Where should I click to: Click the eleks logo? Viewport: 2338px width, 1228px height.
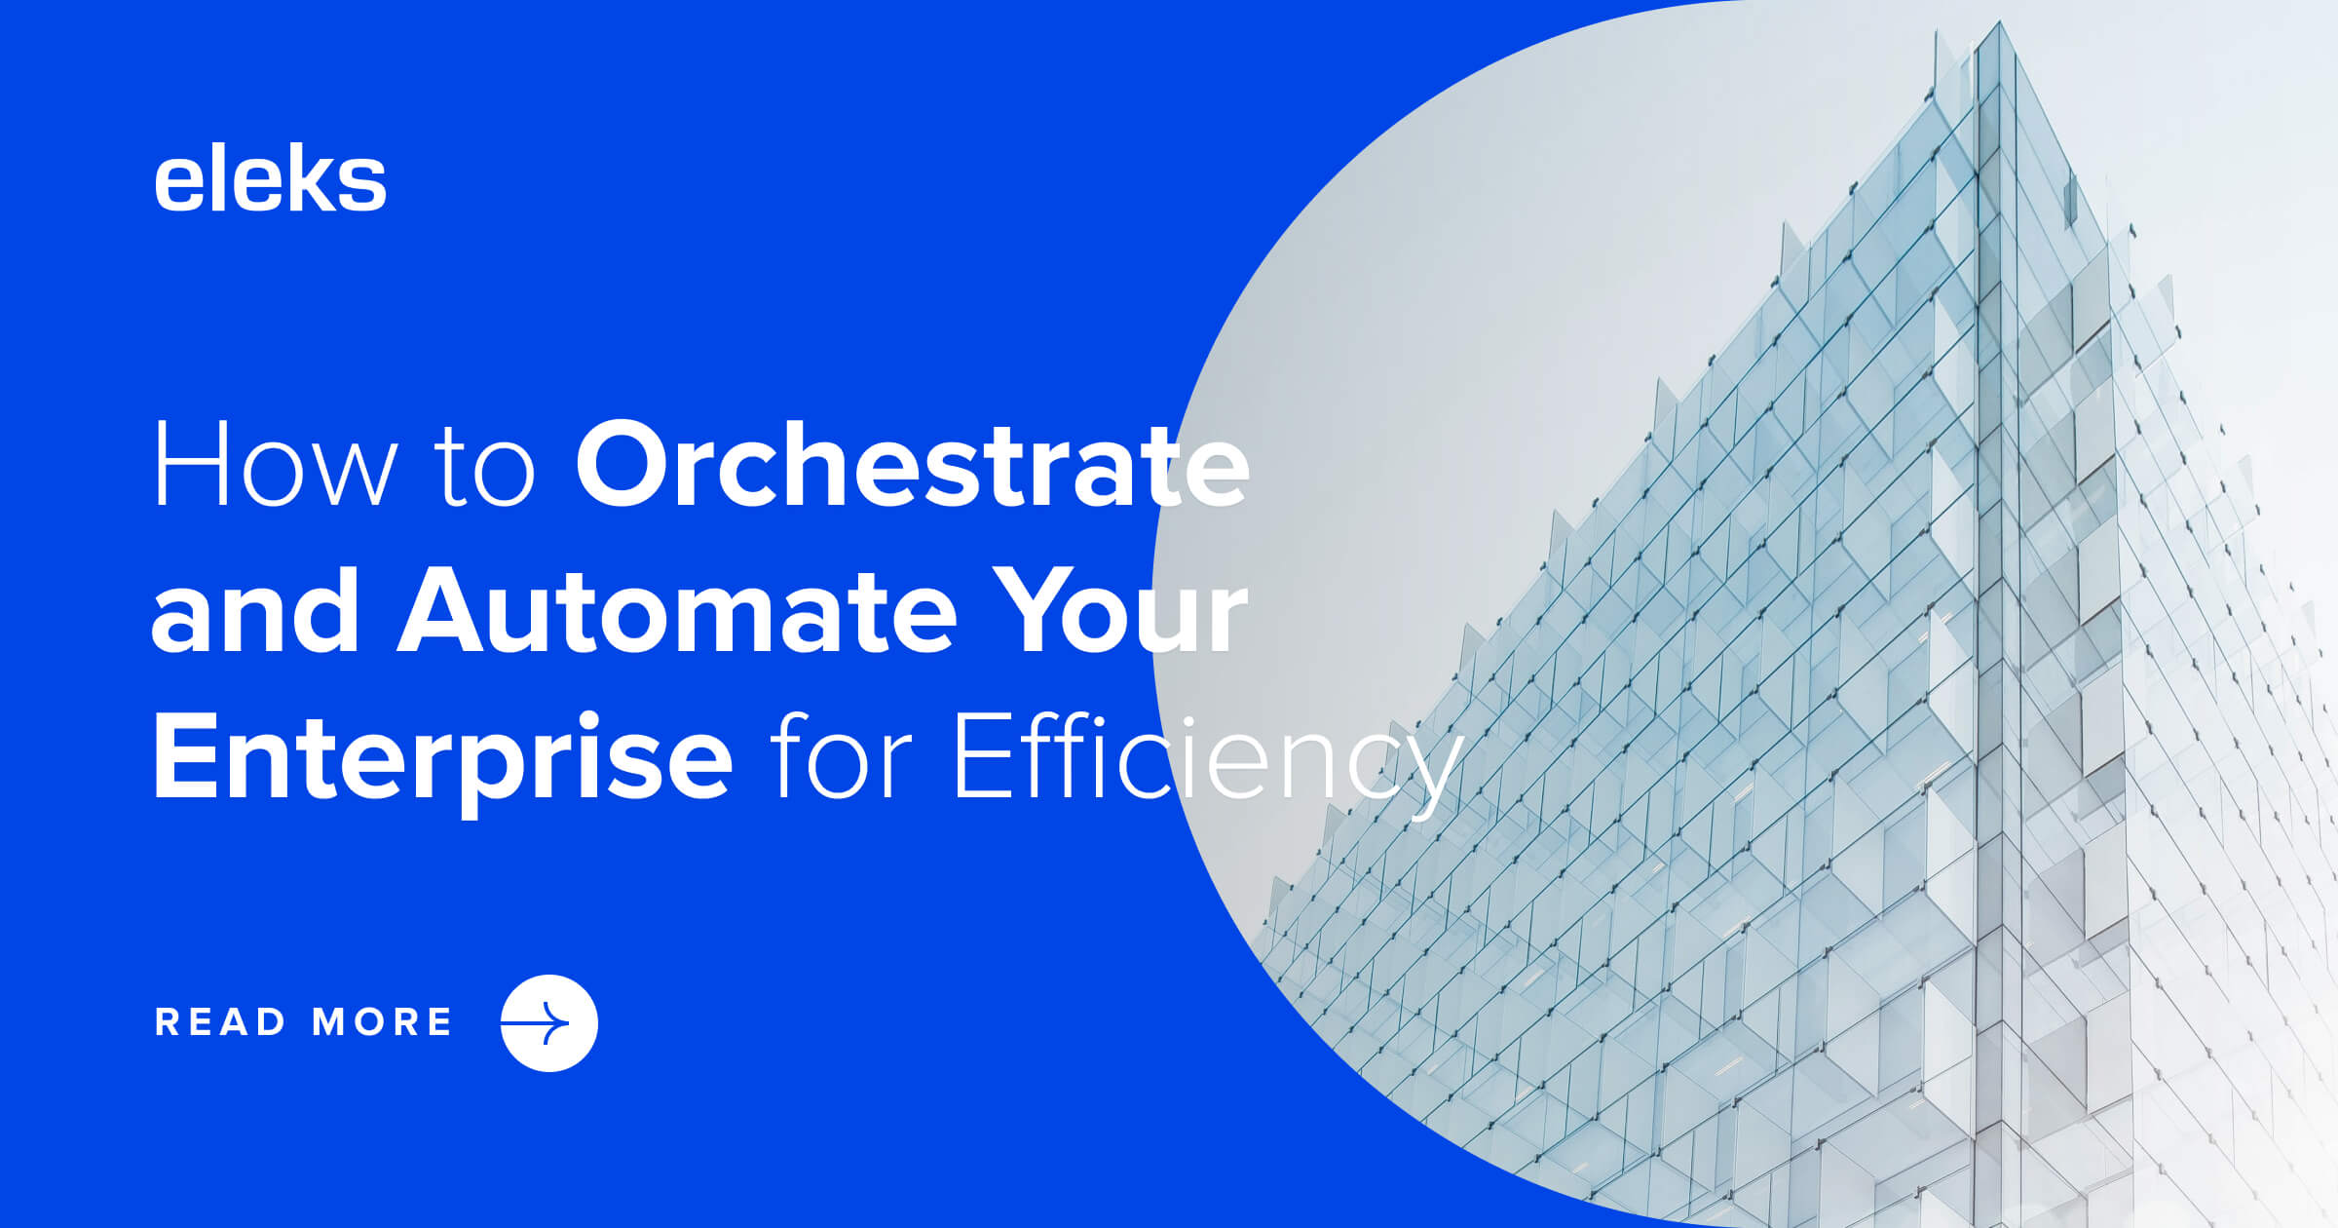270,180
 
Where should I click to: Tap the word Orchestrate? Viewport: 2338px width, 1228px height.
912,465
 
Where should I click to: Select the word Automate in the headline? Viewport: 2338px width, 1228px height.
677,612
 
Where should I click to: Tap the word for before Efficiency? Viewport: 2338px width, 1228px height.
840,758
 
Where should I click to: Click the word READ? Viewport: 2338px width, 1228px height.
220,1022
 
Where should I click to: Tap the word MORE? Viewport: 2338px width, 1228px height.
382,1022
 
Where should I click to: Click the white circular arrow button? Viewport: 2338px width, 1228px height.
548,1023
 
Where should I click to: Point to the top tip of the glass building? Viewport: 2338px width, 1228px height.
2001,23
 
